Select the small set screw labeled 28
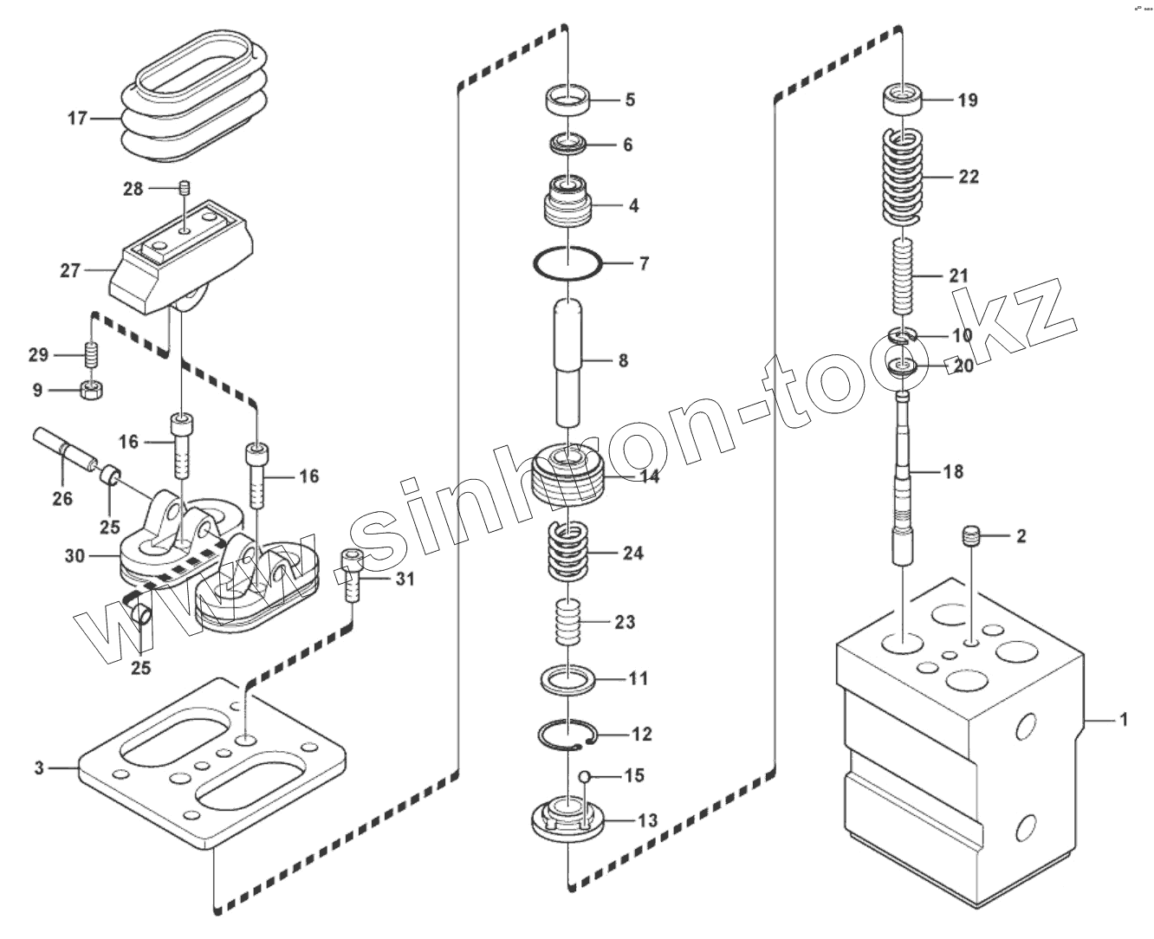[x=183, y=187]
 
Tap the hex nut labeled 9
[x=91, y=390]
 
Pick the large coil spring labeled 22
[x=904, y=177]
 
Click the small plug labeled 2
[x=972, y=535]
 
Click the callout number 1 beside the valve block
[x=1124, y=719]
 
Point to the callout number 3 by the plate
[x=39, y=767]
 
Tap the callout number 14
[x=650, y=476]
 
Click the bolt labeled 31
[x=351, y=575]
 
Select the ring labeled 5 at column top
[x=567, y=100]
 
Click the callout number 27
[x=69, y=270]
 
